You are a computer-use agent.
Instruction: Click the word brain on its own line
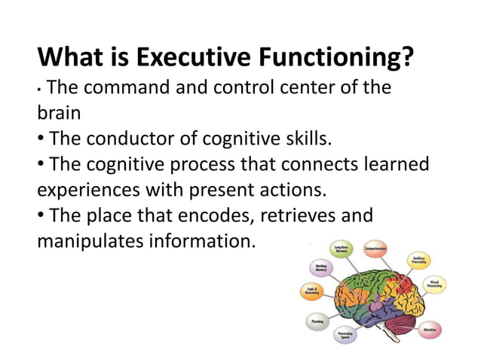tap(60, 114)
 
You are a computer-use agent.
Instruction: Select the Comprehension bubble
tap(380, 248)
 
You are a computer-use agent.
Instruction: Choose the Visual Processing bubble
tap(434, 285)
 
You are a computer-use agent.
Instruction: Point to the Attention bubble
tap(430, 330)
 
